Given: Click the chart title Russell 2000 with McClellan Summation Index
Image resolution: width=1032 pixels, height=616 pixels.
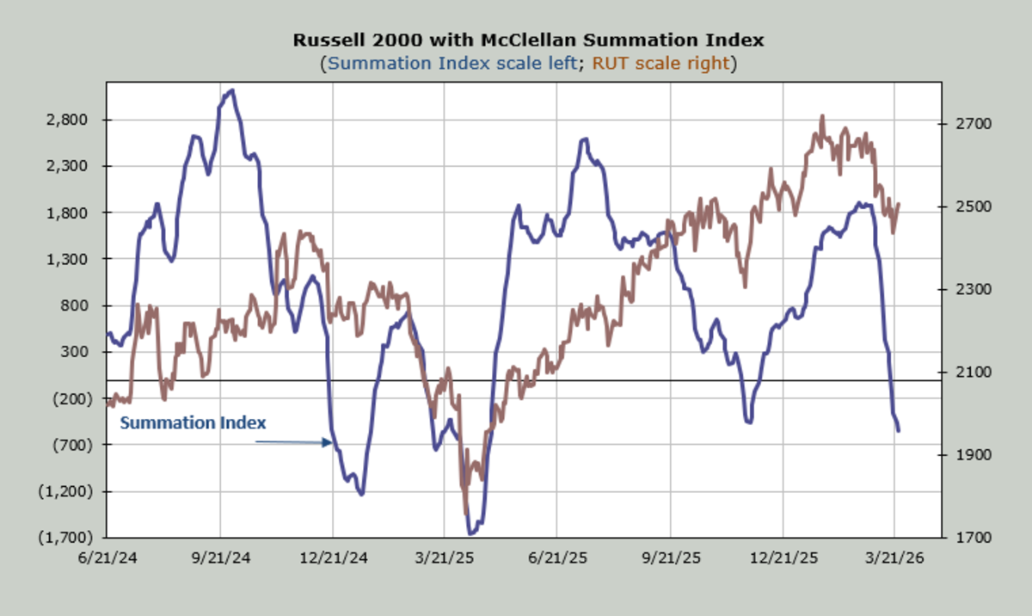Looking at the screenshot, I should [x=528, y=40].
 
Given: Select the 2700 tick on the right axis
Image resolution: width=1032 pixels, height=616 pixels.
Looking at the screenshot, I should [x=974, y=124].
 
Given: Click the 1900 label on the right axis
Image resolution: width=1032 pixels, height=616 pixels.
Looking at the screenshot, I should [x=974, y=454].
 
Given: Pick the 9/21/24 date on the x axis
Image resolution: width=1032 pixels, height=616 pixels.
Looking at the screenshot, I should [x=220, y=557].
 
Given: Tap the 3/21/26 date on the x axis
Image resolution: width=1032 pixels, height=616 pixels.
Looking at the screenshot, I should [x=894, y=557].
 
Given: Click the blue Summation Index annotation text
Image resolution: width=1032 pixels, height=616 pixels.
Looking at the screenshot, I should [x=193, y=423].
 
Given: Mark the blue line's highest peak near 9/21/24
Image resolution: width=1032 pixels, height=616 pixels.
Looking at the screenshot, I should [x=232, y=90].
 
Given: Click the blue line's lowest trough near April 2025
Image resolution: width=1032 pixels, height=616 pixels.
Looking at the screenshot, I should [x=471, y=533].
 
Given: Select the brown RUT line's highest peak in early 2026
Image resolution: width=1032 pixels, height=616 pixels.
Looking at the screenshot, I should [x=822, y=116].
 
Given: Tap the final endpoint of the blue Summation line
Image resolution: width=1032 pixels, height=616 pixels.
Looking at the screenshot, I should [x=899, y=430].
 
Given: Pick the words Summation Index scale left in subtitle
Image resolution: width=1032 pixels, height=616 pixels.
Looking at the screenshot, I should [x=452, y=63].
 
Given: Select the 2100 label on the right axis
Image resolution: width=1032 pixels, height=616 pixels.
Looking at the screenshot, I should [x=974, y=372].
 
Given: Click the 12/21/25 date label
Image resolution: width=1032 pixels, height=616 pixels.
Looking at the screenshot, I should [x=783, y=557].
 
